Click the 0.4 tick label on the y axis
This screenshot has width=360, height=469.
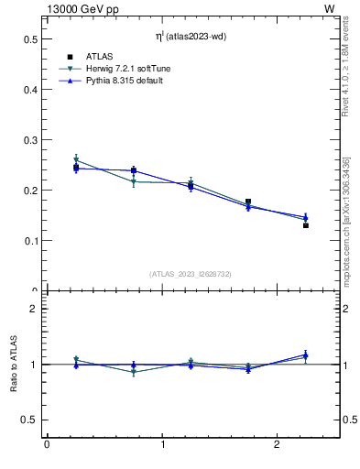pyautogui.click(x=30, y=90)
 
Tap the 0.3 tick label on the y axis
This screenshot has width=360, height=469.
pyautogui.click(x=30, y=140)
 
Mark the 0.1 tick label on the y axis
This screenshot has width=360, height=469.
pyautogui.click(x=30, y=241)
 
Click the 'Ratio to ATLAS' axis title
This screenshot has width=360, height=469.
pyautogui.click(x=14, y=364)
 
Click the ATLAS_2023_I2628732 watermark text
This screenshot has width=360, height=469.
pyautogui.click(x=191, y=273)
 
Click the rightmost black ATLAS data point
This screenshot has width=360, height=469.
pyautogui.click(x=306, y=225)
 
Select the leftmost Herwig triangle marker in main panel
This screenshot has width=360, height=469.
pyautogui.click(x=76, y=160)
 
